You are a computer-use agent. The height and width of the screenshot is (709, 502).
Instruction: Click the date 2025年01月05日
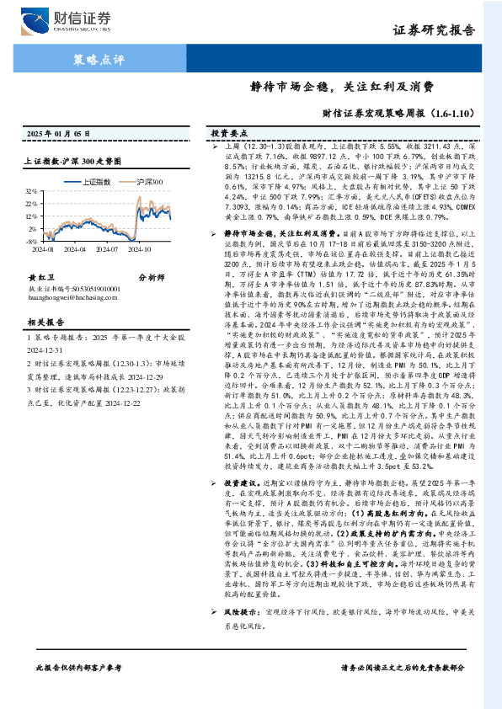[x=54, y=134]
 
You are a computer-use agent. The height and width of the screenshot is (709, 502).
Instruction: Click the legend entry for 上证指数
[x=92, y=181]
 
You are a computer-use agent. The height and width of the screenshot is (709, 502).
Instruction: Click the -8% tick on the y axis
[x=33, y=228]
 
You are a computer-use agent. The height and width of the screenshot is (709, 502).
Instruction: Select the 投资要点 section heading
[x=228, y=134]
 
